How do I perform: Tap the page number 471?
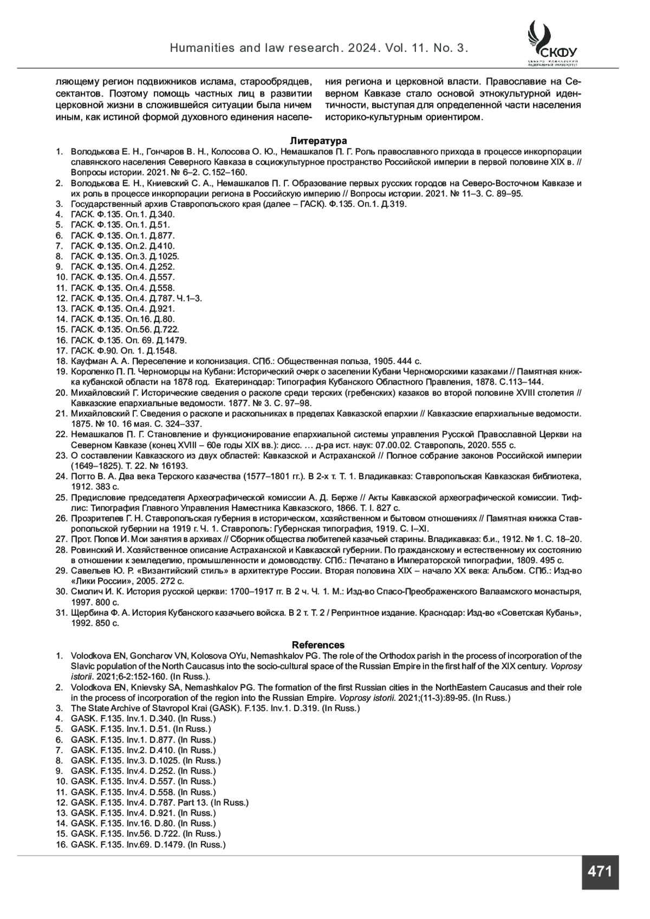(600, 871)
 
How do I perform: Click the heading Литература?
(318, 141)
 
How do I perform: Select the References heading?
(318, 644)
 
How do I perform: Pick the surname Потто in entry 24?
(82, 477)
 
